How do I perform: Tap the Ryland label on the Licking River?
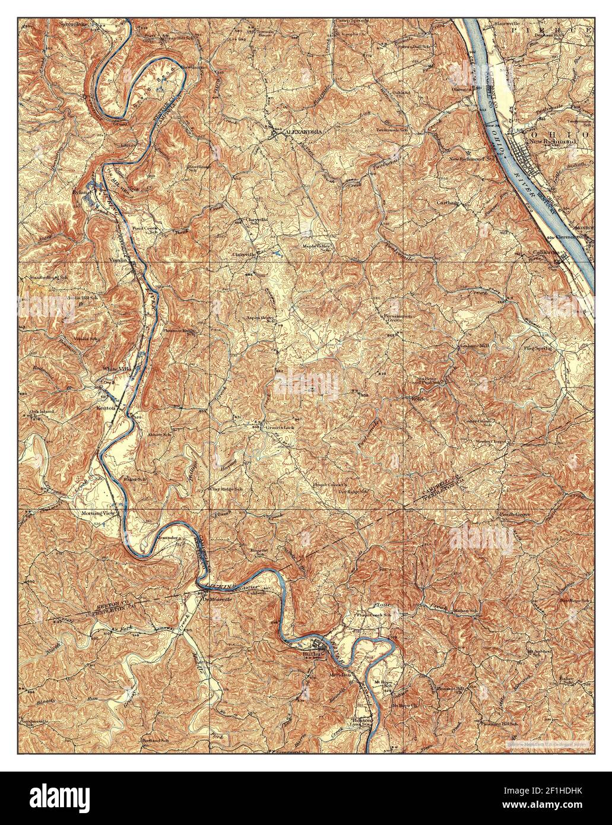click(81, 192)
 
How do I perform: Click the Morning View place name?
click(97, 512)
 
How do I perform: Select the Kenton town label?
click(104, 408)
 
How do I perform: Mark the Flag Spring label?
click(537, 348)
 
